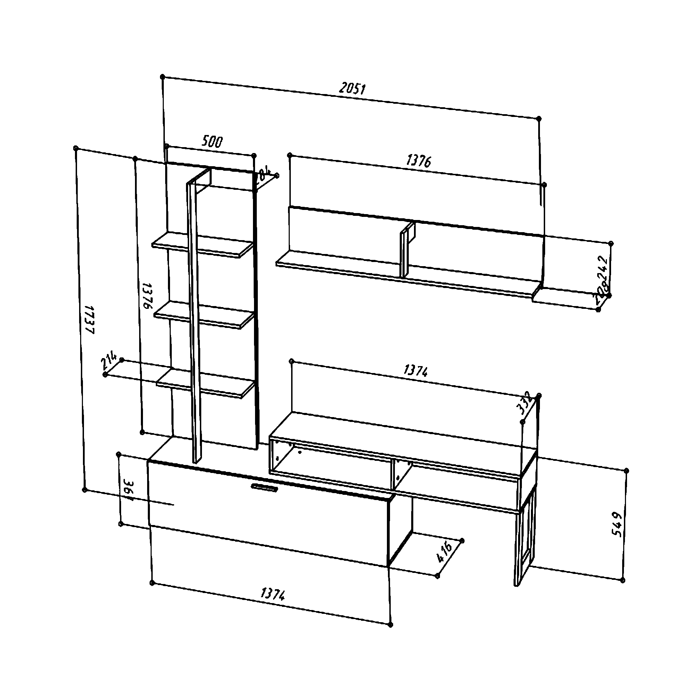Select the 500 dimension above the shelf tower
[212, 142]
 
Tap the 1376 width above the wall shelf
[418, 161]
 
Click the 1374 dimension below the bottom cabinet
[272, 594]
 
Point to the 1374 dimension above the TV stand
[416, 370]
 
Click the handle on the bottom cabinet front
[264, 487]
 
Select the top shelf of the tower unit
[203, 245]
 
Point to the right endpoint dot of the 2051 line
[539, 118]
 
